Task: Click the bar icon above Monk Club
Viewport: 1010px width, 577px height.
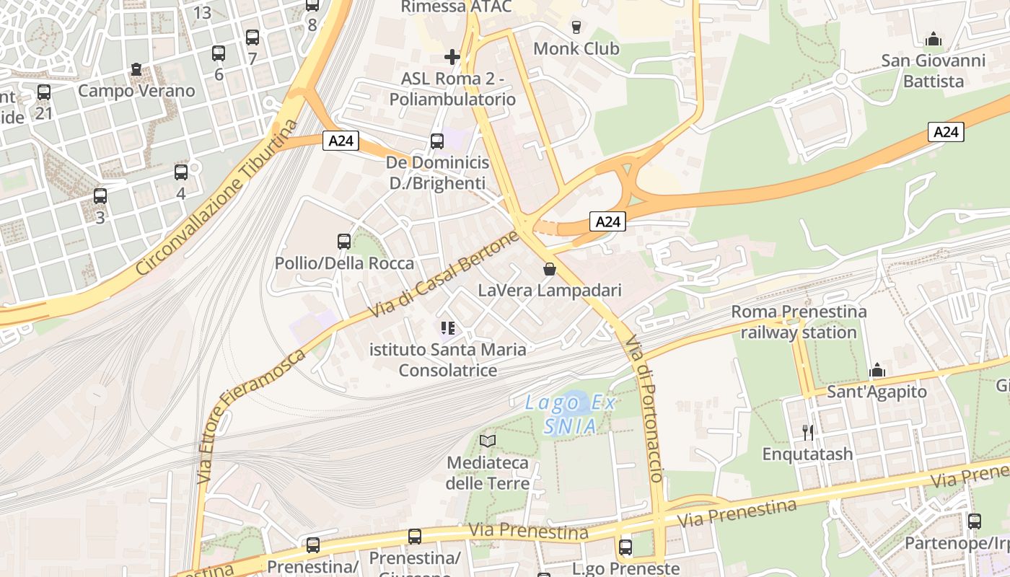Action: [x=576, y=27]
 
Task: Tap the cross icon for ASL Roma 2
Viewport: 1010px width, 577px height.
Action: [x=452, y=56]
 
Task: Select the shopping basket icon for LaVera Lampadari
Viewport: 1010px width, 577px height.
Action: [x=550, y=269]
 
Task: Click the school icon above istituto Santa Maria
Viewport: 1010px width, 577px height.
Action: [x=448, y=329]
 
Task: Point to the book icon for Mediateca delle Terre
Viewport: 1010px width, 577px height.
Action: [x=488, y=440]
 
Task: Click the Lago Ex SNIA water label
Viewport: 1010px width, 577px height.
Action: [x=571, y=414]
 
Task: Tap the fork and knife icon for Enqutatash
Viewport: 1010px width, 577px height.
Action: [x=808, y=432]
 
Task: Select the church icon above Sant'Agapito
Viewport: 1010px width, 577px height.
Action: [x=877, y=371]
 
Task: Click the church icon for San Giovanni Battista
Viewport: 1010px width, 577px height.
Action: [x=934, y=39]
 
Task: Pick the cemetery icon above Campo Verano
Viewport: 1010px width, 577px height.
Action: [x=136, y=70]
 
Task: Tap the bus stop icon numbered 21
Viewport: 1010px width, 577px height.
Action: [x=44, y=92]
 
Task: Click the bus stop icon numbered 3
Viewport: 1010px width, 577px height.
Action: [x=100, y=196]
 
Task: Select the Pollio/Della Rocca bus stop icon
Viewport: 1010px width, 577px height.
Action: [x=344, y=242]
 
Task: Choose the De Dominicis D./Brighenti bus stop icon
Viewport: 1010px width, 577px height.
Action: [x=437, y=141]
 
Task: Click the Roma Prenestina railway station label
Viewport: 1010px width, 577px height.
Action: [x=799, y=322]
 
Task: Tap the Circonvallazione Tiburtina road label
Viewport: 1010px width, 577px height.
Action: [x=216, y=198]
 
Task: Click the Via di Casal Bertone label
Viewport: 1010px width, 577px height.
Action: [x=444, y=275]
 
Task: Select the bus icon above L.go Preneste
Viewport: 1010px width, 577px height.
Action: [x=625, y=547]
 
